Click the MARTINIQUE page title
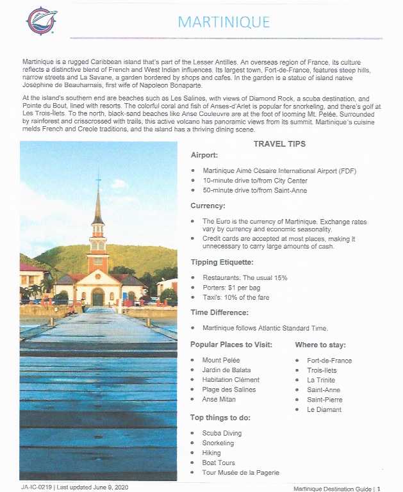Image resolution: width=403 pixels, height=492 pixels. point(224,22)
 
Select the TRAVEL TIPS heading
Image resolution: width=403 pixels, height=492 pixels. point(279,144)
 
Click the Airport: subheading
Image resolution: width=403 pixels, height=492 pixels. point(205,156)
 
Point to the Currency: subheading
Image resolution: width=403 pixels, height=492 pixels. point(208,206)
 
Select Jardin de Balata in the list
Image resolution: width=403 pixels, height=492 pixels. point(226,370)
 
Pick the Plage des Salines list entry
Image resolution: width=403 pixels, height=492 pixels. point(229,389)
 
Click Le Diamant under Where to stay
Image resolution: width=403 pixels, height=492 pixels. point(324,409)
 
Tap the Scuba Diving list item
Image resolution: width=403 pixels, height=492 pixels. point(222,434)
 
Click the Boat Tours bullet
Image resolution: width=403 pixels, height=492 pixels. point(218,463)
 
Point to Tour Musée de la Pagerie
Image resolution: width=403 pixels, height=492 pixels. point(240,473)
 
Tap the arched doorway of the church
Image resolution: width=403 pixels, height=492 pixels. point(98,297)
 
